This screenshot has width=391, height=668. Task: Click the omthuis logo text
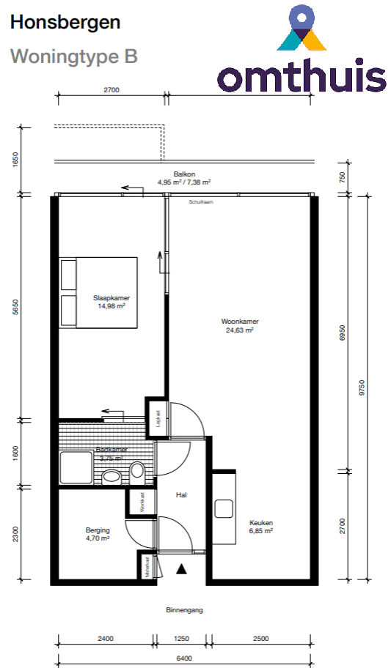302,75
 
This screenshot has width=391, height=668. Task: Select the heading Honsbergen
65,23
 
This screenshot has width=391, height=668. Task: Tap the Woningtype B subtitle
73,56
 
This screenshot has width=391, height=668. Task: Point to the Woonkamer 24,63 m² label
240,325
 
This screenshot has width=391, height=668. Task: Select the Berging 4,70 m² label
97,534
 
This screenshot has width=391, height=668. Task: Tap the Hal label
182,495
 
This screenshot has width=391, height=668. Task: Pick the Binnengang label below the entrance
184,609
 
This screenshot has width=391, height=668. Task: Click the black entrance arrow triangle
182,568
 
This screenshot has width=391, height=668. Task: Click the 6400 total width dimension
184,658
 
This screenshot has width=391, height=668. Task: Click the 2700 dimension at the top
111,90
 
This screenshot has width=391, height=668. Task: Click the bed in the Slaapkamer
99,293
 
